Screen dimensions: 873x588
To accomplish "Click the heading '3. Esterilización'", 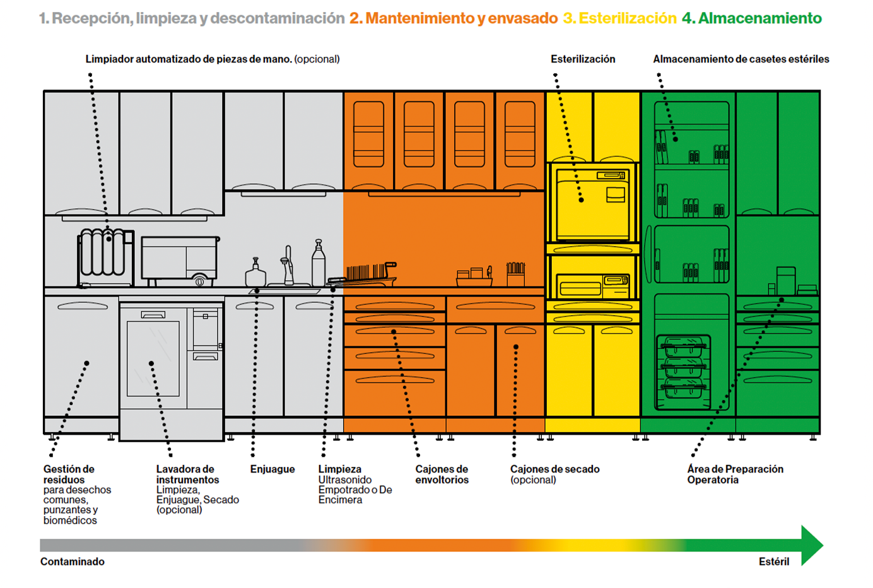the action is point(619,18).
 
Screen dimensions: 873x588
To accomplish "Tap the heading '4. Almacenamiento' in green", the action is point(752,18).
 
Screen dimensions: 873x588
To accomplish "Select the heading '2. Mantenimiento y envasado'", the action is point(454,18).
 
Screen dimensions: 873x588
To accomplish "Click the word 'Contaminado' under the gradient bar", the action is point(72,562).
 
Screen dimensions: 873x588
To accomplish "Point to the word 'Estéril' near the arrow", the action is point(773,562).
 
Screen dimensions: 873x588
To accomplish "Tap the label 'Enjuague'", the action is point(272,469).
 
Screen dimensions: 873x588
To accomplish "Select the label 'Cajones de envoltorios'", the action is point(442,474).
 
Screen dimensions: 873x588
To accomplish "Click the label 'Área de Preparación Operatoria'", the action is point(735,474).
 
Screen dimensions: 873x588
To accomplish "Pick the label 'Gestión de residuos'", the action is point(69,474).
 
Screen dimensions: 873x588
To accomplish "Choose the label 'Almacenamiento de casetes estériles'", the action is point(741,59).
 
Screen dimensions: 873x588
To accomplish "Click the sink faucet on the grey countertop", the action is point(288,266).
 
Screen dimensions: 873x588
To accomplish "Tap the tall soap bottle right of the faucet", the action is point(319,263).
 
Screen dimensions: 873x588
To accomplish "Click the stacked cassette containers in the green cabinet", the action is point(684,372).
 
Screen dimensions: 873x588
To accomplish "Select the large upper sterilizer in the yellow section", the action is point(592,204).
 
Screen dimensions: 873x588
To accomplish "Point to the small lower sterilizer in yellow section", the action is point(592,286).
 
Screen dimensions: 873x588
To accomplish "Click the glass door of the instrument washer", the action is point(153,358).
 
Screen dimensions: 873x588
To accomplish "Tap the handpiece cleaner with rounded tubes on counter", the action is point(105,258).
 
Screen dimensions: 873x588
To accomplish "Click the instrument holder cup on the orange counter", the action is point(515,274).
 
